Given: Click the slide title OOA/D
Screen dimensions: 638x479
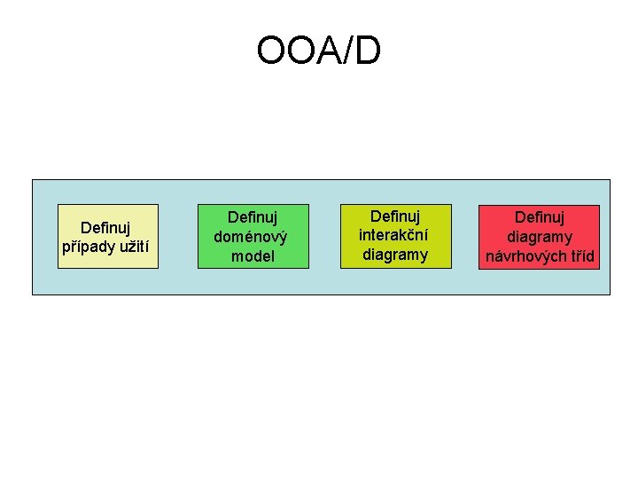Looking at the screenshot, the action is pyautogui.click(x=319, y=50).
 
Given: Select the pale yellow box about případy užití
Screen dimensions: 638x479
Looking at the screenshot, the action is pyautogui.click(x=108, y=236).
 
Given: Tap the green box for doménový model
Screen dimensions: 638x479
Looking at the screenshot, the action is pyautogui.click(x=253, y=236).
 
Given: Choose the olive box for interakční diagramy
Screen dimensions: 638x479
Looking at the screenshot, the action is pyautogui.click(x=396, y=236).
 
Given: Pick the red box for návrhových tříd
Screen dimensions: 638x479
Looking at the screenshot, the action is pyautogui.click(x=539, y=237).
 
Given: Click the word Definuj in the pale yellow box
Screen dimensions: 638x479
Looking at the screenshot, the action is pyautogui.click(x=105, y=228).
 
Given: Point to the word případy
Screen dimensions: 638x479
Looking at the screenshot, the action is pyautogui.click(x=82, y=247).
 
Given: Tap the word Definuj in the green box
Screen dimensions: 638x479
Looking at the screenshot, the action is pyautogui.click(x=253, y=217).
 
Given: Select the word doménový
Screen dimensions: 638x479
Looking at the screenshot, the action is pyautogui.click(x=251, y=237).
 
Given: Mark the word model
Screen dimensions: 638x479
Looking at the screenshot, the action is pyautogui.click(x=253, y=256).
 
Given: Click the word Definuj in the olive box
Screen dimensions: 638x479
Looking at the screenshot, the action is pyautogui.click(x=395, y=216).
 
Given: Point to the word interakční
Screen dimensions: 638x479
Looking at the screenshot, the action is pyautogui.click(x=393, y=235).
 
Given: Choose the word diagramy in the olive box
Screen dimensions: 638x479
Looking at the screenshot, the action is pyautogui.click(x=395, y=255).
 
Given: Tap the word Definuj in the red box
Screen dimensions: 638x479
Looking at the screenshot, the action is pyautogui.click(x=540, y=217).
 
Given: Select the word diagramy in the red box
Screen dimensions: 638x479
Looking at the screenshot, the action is pyautogui.click(x=540, y=237).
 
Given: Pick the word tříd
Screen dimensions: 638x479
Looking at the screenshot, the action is pyautogui.click(x=580, y=256).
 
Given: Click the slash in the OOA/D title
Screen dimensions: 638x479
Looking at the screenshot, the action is pyautogui.click(x=346, y=50).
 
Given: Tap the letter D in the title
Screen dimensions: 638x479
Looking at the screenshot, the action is pyautogui.click(x=368, y=50).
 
